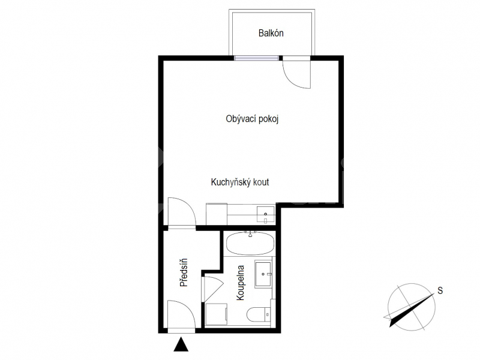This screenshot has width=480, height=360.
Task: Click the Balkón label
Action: coord(271,33)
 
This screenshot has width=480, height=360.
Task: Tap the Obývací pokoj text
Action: coord(252,119)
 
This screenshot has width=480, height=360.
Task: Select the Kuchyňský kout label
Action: coord(239,182)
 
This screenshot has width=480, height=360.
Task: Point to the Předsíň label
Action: coord(184,272)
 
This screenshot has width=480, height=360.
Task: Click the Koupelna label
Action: coord(241,283)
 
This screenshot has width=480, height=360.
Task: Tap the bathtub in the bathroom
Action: coord(250,244)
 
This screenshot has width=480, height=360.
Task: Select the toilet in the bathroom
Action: coord(259,314)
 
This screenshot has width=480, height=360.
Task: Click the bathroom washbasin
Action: coord(263,274)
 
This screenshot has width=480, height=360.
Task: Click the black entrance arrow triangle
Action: coord(181,344)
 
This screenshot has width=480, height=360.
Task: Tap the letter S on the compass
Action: coord(440,290)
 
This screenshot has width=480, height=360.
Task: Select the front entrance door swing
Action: coord(182,316)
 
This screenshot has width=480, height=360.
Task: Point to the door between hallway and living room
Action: coord(182,212)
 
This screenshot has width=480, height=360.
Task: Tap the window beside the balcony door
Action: coord(257,58)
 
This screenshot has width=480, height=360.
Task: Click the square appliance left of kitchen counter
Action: coord(217,214)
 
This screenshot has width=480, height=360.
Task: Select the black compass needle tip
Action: coord(391,326)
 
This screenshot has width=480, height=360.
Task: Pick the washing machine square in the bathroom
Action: coord(216,314)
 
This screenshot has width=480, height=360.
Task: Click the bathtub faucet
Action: coord(250,234)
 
